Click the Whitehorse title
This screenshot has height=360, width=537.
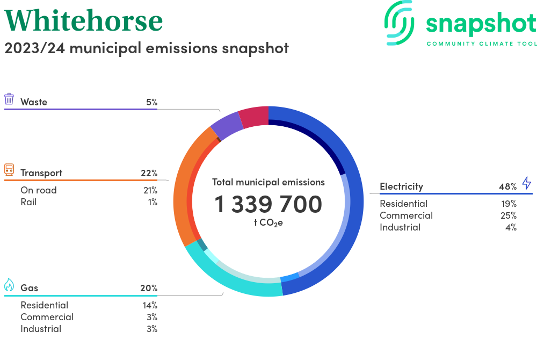84,20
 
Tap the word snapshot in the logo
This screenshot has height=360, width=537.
481,24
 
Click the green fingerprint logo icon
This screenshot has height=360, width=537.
400,22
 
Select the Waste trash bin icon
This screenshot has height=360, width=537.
9,99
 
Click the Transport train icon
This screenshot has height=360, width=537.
9,170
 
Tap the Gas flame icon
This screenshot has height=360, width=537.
9,285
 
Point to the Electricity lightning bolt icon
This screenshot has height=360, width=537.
526,183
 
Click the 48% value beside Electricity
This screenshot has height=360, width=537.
507,186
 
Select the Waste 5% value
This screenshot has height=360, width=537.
151,102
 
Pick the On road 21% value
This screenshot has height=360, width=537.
150,190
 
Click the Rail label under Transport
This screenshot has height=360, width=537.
29,202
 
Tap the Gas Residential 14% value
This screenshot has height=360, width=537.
150,305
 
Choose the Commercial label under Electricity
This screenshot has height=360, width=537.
406,215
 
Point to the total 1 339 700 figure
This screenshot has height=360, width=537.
268,204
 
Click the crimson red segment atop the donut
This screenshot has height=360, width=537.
253,117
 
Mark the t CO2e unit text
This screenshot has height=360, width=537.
268,222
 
